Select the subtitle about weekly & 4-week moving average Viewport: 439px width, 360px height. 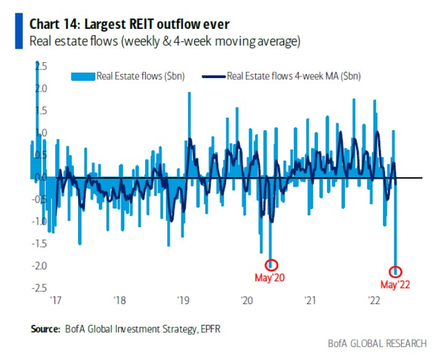(164, 42)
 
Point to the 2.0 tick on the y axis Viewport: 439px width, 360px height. (40, 89)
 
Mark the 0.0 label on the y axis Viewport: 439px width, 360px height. (40, 177)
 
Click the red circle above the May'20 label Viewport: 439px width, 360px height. (271, 265)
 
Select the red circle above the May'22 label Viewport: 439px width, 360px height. (396, 271)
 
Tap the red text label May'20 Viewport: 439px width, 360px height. (269, 278)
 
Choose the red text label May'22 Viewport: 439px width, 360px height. (395, 284)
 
